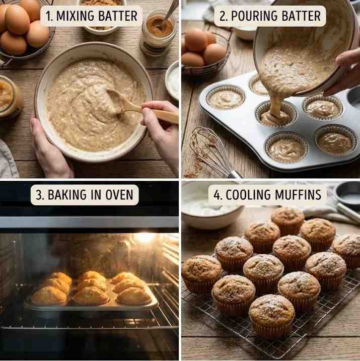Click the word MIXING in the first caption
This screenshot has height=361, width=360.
click(x=75, y=16)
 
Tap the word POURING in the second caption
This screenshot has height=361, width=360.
click(x=254, y=16)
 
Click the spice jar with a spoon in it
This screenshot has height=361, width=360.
click(x=159, y=31)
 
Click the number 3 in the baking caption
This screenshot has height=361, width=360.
click(x=39, y=195)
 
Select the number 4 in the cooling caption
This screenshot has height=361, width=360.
click(x=218, y=195)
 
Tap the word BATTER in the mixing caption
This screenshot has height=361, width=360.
click(x=117, y=16)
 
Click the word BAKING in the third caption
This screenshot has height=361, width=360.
click(x=67, y=195)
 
